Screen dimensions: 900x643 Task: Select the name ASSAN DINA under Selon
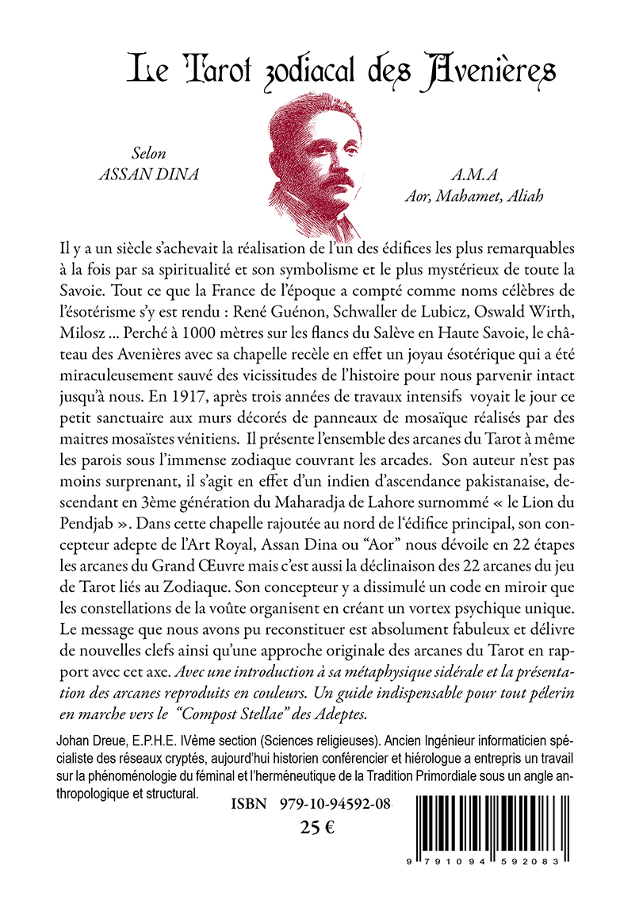pyautogui.click(x=151, y=174)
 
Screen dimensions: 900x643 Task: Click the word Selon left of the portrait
pyautogui.click(x=149, y=154)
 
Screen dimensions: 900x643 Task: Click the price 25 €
pyautogui.click(x=317, y=828)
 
